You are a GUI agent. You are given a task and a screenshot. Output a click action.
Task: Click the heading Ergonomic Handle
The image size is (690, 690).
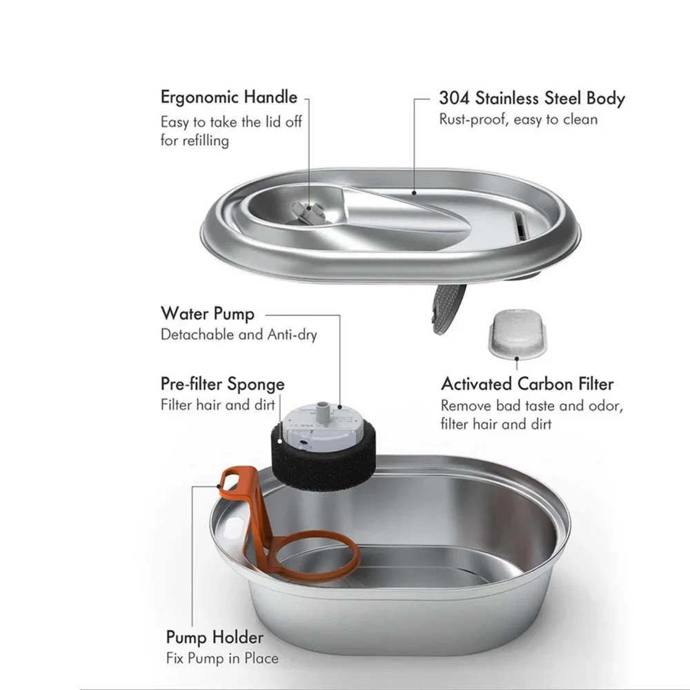point(229,97)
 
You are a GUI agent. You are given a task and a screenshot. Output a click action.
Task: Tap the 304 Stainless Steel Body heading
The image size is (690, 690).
point(532,98)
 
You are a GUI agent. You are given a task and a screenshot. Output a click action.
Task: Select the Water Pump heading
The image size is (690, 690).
point(208,314)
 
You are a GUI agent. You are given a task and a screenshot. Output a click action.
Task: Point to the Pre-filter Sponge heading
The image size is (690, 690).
point(223,384)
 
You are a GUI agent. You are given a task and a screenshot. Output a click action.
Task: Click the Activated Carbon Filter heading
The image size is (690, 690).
point(527,384)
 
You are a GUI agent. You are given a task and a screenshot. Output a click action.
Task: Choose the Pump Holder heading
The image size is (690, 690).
point(215,637)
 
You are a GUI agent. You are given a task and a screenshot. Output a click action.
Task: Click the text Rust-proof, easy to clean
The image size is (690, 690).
point(518,119)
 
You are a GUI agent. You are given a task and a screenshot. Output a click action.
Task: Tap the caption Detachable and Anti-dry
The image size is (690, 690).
point(239,335)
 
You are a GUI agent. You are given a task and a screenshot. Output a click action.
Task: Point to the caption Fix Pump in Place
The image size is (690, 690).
point(222,658)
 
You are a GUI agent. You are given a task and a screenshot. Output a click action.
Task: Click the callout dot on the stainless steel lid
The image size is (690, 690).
point(414,193)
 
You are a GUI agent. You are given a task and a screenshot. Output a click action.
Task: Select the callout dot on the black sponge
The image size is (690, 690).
point(280,440)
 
